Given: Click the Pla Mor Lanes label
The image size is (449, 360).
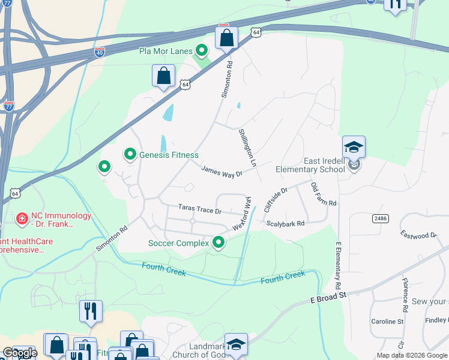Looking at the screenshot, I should pyautogui.click(x=165, y=51).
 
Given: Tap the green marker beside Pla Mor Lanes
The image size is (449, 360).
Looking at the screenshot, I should pyautogui.click(x=202, y=50).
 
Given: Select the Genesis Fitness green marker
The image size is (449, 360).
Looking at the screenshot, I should pyautogui.click(x=130, y=155).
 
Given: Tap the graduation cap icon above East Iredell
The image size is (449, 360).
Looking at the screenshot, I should pyautogui.click(x=354, y=146).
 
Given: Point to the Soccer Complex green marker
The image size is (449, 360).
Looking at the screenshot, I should pyautogui.click(x=218, y=242).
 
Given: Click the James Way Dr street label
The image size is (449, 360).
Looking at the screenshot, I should pyautogui.click(x=221, y=172).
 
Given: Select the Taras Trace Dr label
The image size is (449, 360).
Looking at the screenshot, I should pyautogui.click(x=200, y=210).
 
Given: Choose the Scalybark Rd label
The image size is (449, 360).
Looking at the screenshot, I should pyautogui.click(x=286, y=223).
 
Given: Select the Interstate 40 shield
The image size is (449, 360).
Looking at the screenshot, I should pyautogui.click(x=100, y=52).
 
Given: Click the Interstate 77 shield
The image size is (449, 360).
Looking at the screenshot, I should pyautogui.click(x=9, y=106).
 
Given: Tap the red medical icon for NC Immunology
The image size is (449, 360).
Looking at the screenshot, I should pyautogui.click(x=22, y=218).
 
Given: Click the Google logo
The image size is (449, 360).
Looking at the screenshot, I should pyautogui.click(x=19, y=353).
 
